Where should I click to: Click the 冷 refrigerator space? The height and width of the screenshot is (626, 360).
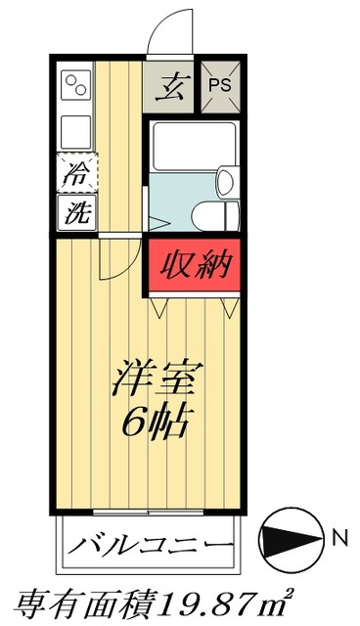(x=74, y=175)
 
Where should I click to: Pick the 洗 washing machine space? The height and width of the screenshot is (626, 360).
(x=74, y=211)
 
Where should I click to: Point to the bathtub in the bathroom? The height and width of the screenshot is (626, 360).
(x=194, y=146)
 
